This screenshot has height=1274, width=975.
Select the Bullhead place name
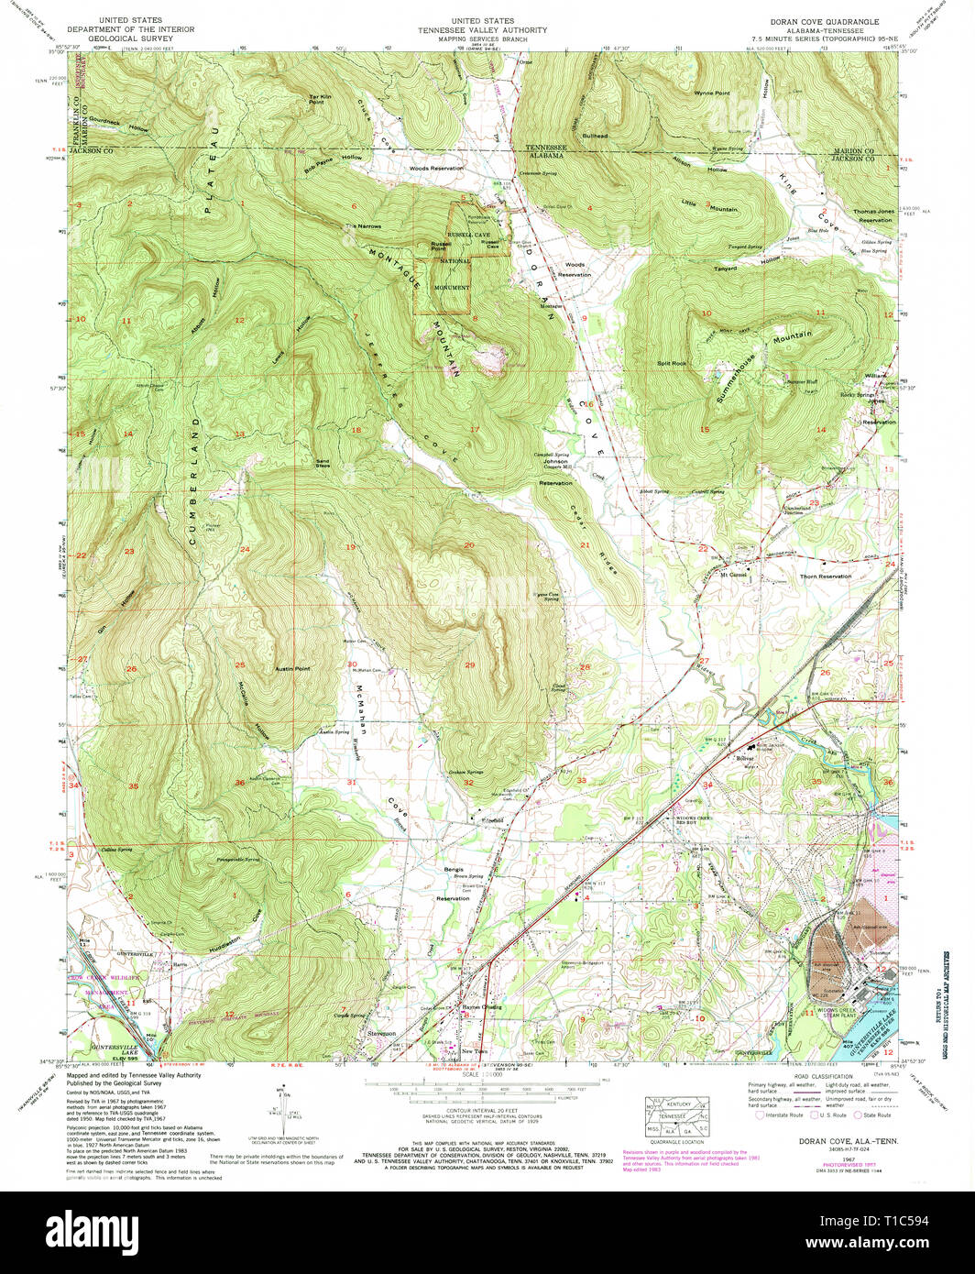coord(596,136)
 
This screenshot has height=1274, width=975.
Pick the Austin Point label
coord(292,669)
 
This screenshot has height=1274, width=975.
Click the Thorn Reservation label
coord(825,577)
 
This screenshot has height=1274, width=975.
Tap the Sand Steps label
coord(322,463)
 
